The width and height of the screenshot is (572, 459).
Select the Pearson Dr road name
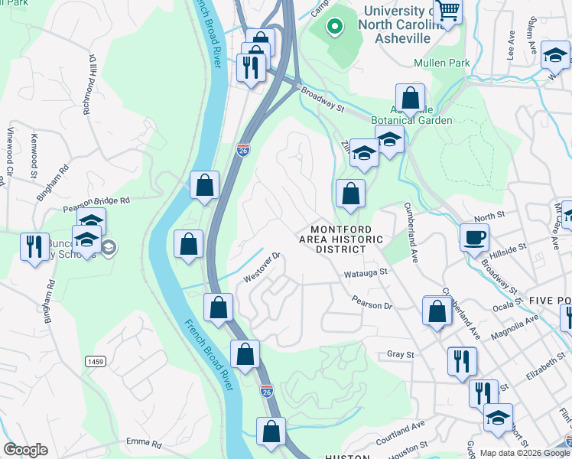tap(372, 304)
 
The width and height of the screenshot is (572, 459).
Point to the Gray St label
tap(400, 354)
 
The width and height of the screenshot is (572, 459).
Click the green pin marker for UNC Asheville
tap(334, 28)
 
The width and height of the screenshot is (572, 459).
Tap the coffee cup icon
tap(474, 236)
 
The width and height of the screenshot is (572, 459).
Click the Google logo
tap(25, 450)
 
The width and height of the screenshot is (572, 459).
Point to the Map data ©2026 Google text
tap(525, 453)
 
